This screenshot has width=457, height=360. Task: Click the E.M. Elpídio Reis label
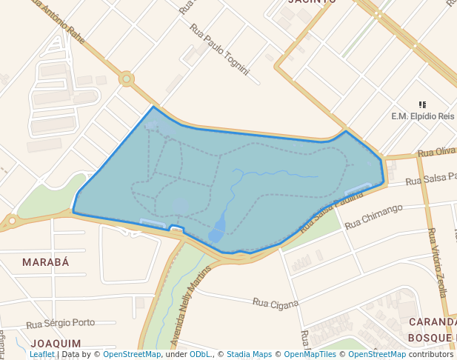pyautogui.click(x=422, y=116)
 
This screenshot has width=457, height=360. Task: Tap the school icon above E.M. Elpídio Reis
pyautogui.click(x=422, y=105)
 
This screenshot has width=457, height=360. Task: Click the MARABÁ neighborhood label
pyautogui.click(x=45, y=262)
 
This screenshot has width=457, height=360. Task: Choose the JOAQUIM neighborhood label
pyautogui.click(x=56, y=344)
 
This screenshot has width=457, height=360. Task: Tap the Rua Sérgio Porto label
pyautogui.click(x=61, y=323)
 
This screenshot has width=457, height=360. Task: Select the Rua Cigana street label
pyautogui.click(x=275, y=303)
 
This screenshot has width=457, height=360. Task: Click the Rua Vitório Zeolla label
pyautogui.click(x=437, y=263)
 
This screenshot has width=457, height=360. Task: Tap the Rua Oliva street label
pyautogui.click(x=436, y=152)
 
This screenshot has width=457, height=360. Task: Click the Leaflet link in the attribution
pyautogui.click(x=42, y=354)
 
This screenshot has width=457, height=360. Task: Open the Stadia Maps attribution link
pyautogui.click(x=249, y=354)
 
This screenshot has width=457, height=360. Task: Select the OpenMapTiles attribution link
pyautogui.click(x=311, y=354)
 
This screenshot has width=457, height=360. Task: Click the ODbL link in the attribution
pyautogui.click(x=200, y=354)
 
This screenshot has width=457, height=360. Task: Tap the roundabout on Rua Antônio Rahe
pyautogui.click(x=127, y=79)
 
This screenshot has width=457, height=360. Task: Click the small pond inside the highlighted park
pyautogui.click(x=218, y=228)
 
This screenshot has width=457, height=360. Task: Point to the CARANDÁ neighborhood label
pyautogui.click(x=433, y=323)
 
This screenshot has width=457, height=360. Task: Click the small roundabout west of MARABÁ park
pyautogui.click(x=11, y=220)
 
